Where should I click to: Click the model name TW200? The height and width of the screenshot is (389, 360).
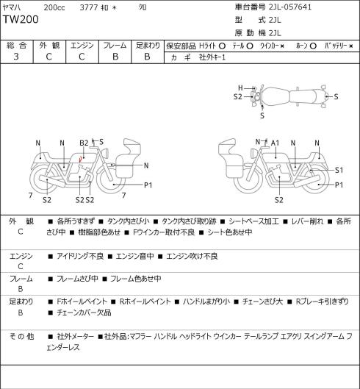pyautogui.click(x=21, y=19)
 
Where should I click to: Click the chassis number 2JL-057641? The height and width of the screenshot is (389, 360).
pyautogui.click(x=290, y=7)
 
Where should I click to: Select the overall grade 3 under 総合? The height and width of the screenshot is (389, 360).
pyautogui.click(x=16, y=57)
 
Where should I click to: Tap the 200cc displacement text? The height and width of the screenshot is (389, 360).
pyautogui.click(x=54, y=7)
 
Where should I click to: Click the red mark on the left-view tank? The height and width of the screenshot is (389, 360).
pyautogui.click(x=80, y=160)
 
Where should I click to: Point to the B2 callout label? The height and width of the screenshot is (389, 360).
pyautogui.click(x=84, y=143)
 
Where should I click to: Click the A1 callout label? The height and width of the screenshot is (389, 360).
pyautogui.click(x=275, y=143)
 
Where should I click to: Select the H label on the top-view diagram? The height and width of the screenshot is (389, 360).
pyautogui.click(x=240, y=88)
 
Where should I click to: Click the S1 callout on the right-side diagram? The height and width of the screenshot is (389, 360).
pyautogui.click(x=339, y=170)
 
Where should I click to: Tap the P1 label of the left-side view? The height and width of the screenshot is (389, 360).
pyautogui.click(x=148, y=185)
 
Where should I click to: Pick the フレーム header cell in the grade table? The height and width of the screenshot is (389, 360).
pyautogui.click(x=115, y=46)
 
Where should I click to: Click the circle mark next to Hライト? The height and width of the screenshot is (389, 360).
pyautogui.click(x=222, y=46)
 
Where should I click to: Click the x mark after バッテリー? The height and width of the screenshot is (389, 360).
pyautogui.click(x=351, y=46)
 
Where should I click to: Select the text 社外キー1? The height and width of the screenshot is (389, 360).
pyautogui.click(x=212, y=57)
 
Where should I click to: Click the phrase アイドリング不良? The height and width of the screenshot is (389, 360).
pyautogui.click(x=80, y=256)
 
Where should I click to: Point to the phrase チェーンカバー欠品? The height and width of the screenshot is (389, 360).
pyautogui.click(x=84, y=313)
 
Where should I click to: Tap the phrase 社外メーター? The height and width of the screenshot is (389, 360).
pyautogui.click(x=76, y=337)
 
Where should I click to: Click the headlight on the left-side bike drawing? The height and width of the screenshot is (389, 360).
pyautogui.click(x=105, y=152)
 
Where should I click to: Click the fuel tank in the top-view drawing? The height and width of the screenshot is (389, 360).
pyautogui.click(x=276, y=96)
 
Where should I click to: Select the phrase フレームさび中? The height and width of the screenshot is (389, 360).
pyautogui.click(x=77, y=279)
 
